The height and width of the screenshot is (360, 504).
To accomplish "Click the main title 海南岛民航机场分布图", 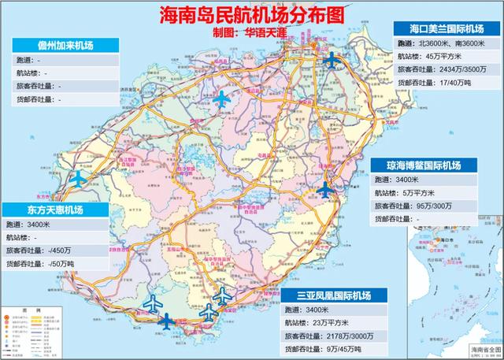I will pos(251,13).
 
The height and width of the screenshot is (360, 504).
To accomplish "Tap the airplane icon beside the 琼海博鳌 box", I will pos(325,188).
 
